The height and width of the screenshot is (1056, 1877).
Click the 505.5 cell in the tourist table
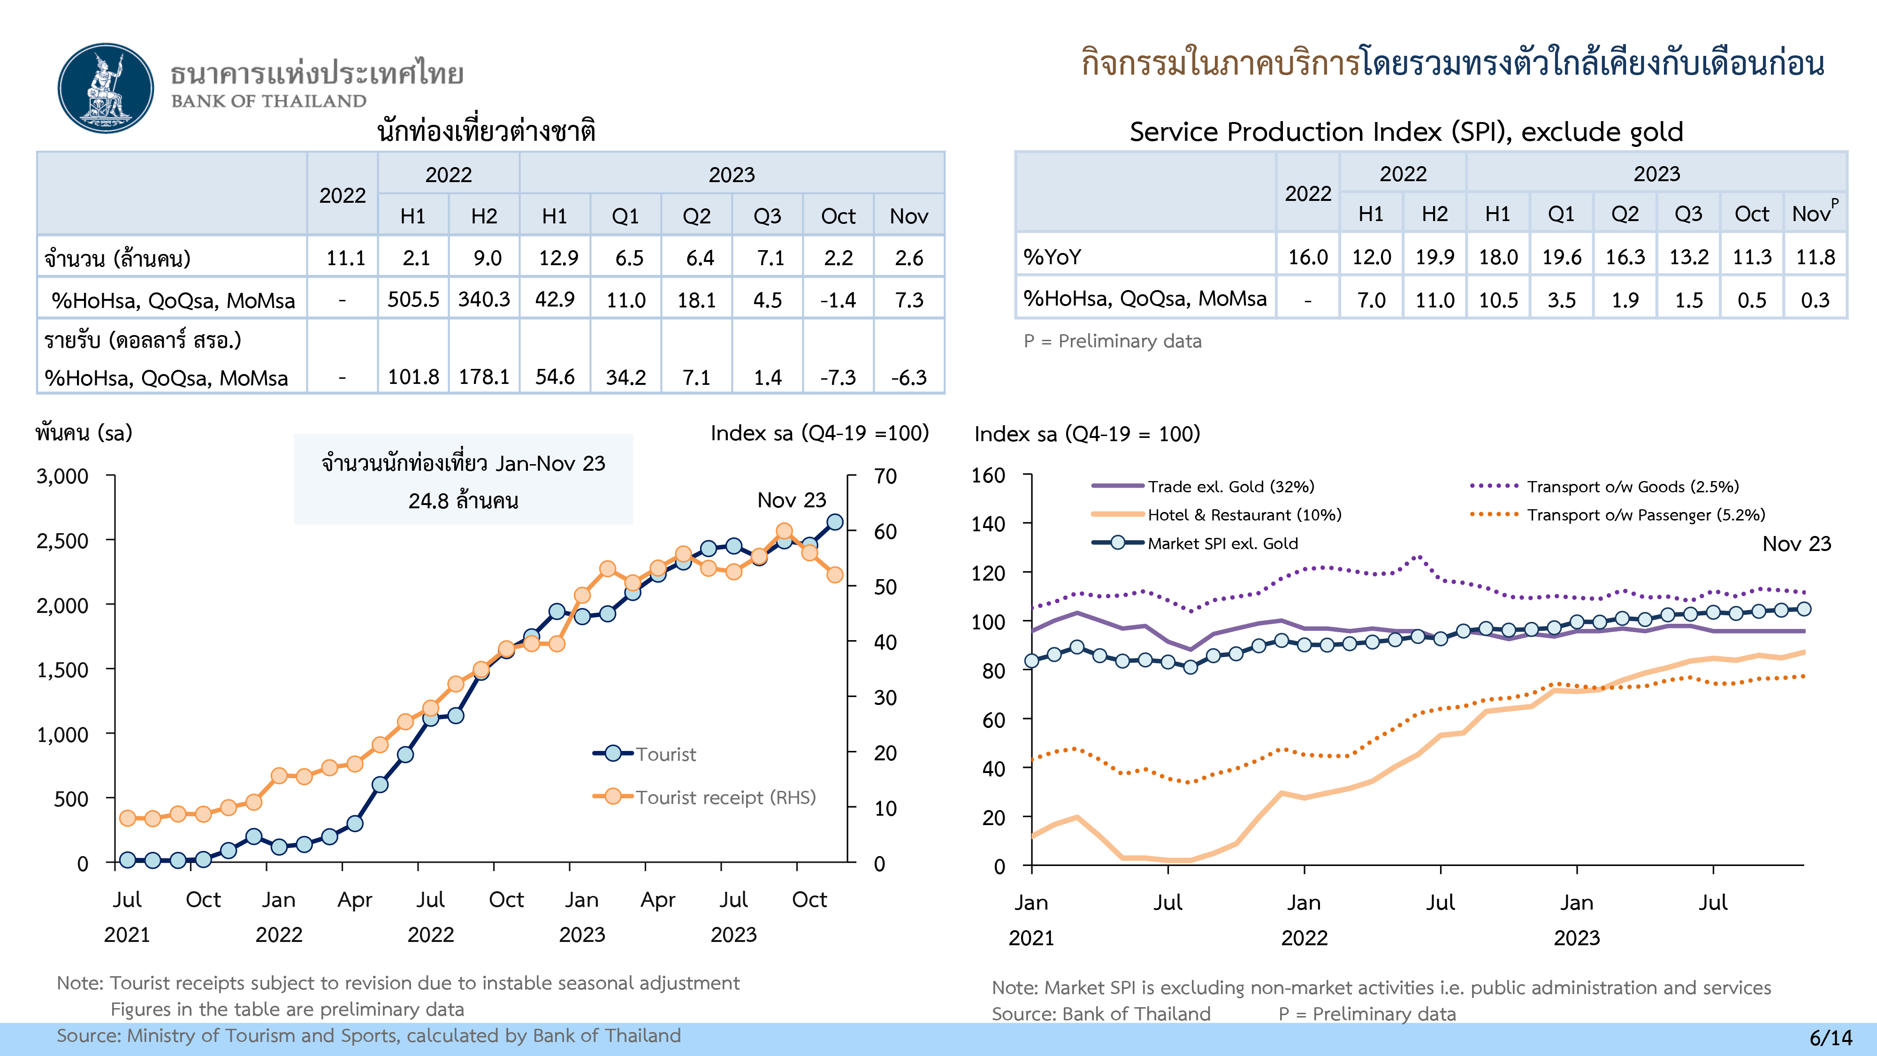[413, 299]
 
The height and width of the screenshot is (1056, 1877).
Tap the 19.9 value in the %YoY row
[1434, 257]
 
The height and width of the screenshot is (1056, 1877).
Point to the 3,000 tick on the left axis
[63, 477]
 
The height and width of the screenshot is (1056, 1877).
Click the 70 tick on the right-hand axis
[885, 477]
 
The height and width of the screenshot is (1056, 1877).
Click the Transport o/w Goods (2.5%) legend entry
[1632, 487]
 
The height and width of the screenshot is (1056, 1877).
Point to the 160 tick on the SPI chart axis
[988, 476]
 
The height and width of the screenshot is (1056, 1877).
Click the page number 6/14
[1831, 1038]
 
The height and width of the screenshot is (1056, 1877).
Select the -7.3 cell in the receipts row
[838, 377]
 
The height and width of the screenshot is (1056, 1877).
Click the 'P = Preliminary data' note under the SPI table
[1112, 341]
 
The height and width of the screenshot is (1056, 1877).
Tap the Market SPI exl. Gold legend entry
[1222, 543]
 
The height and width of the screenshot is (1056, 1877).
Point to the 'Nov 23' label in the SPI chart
[1796, 543]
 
